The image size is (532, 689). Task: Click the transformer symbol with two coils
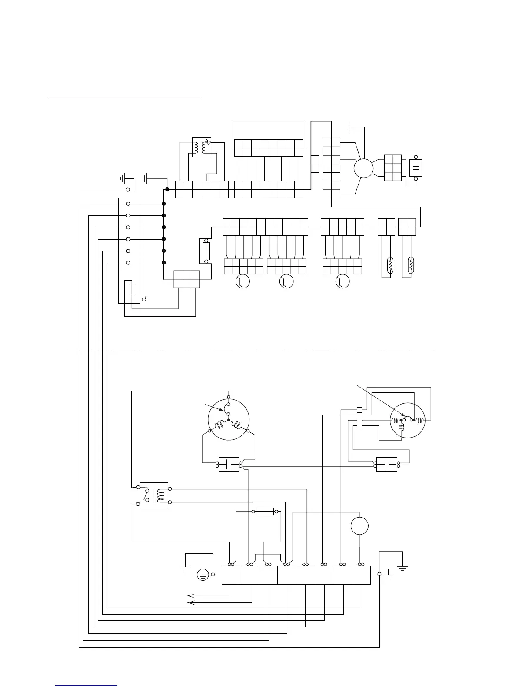click(x=202, y=148)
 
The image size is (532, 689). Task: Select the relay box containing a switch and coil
click(x=153, y=495)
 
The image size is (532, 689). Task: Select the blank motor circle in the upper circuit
click(x=363, y=168)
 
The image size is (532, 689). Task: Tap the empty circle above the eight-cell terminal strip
click(x=359, y=526)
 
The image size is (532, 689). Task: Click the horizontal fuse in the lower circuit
click(x=265, y=512)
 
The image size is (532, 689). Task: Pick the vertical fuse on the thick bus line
click(x=206, y=251)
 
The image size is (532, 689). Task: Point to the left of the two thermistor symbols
click(x=390, y=265)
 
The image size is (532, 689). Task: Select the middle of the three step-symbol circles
click(x=286, y=281)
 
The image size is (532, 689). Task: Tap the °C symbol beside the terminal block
click(x=144, y=299)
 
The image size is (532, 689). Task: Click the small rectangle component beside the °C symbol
click(x=133, y=289)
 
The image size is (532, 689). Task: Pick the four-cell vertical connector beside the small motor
click(x=359, y=418)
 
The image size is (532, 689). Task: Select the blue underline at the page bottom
click(x=86, y=686)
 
